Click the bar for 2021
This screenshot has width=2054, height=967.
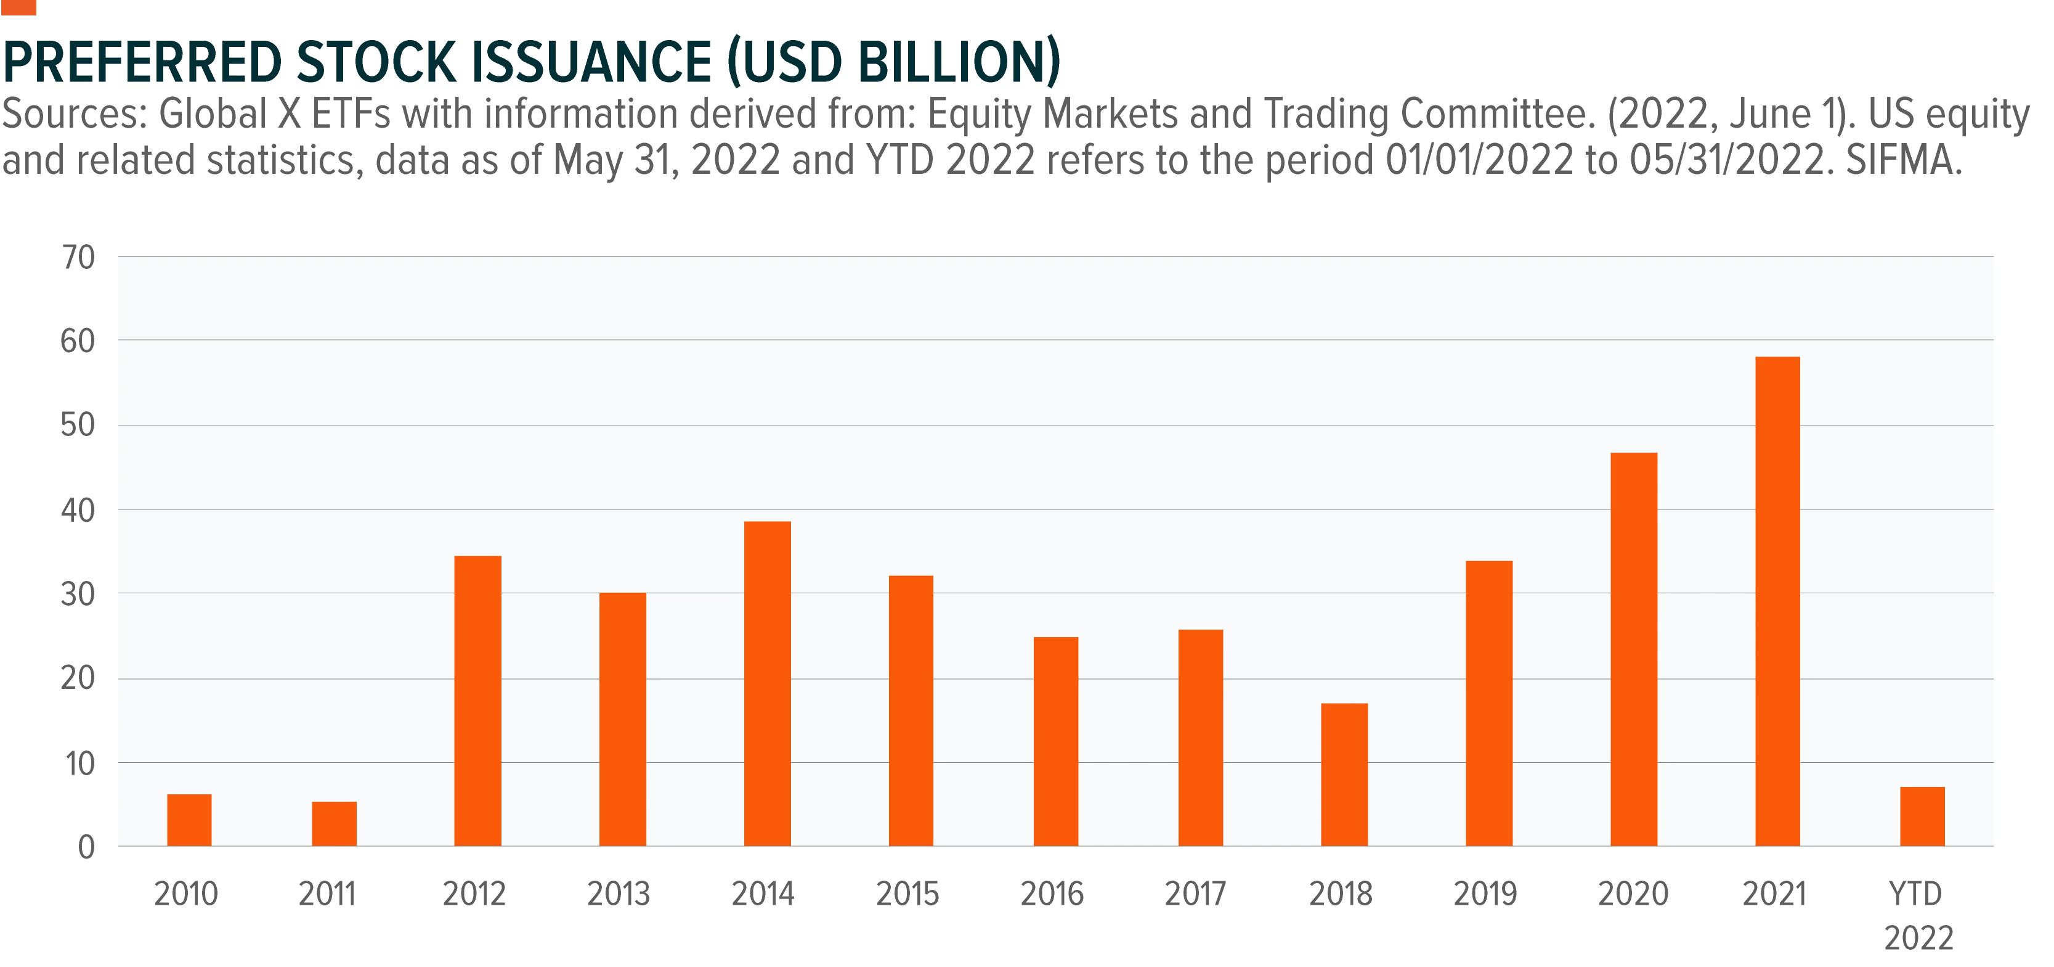[1777, 601]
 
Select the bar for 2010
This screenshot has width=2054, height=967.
[189, 820]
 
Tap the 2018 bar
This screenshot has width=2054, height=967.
[1344, 774]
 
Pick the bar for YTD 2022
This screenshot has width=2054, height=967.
[1922, 816]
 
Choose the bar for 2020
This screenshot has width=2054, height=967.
[1634, 649]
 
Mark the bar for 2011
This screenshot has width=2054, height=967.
[334, 823]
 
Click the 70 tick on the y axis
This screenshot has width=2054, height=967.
[78, 257]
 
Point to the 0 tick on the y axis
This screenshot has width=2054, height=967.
[86, 847]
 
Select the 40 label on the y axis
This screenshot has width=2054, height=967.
[78, 510]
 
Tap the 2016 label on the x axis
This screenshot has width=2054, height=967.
[1052, 894]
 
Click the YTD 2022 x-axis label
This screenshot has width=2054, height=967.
[1918, 915]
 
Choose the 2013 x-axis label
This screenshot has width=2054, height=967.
[619, 894]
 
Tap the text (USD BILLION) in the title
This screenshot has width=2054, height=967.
[895, 62]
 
